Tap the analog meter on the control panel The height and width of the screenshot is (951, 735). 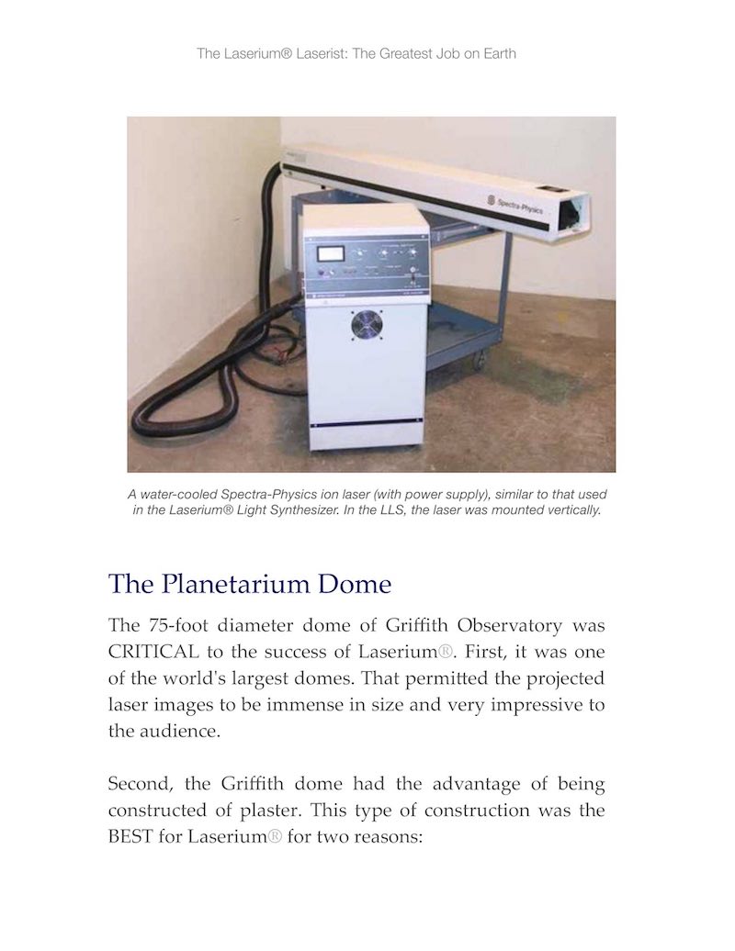pos(327,255)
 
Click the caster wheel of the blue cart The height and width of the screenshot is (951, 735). pos(476,363)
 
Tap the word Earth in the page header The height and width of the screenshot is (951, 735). pos(497,53)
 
